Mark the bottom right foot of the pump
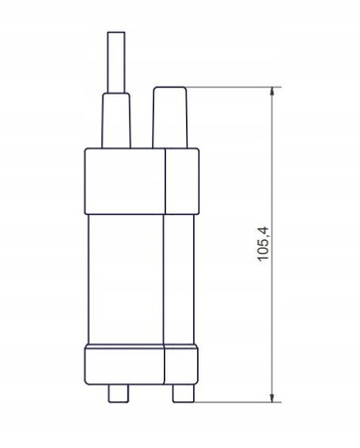pyautogui.click(x=183, y=391)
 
